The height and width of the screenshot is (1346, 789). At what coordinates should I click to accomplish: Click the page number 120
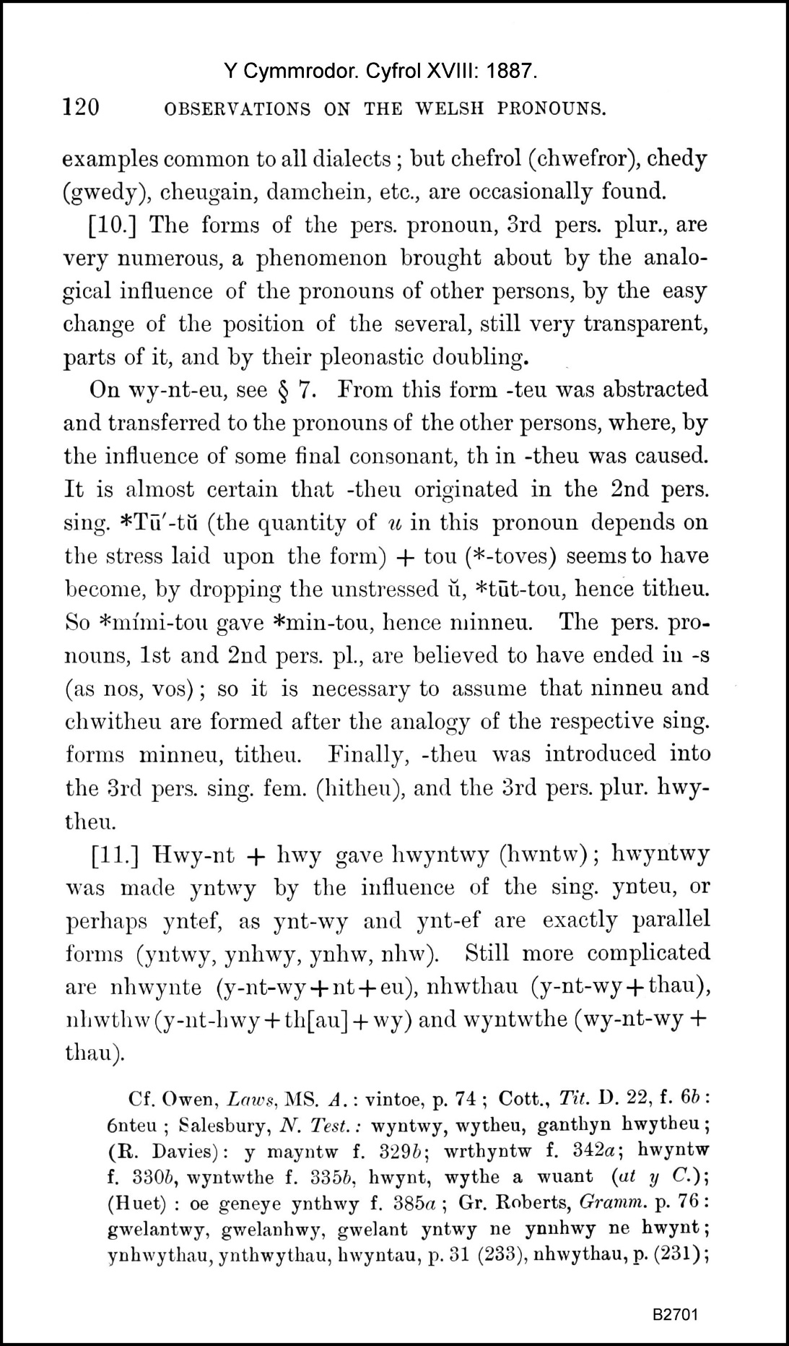click(x=81, y=108)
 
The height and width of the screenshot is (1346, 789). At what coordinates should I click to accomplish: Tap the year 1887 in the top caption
click(x=513, y=71)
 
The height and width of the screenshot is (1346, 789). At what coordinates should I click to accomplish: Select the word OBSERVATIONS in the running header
click(x=238, y=109)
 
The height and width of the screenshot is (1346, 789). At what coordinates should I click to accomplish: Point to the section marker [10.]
click(x=118, y=225)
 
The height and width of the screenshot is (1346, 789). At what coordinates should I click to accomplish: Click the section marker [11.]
click(x=118, y=854)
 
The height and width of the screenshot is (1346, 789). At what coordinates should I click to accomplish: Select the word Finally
click(x=365, y=754)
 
